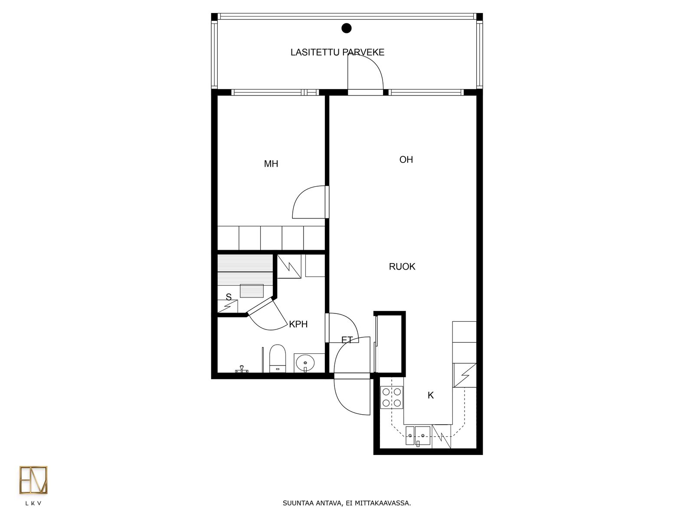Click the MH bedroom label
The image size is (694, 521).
click(x=271, y=164)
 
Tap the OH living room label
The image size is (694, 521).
click(x=406, y=160)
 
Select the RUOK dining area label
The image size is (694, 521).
click(x=402, y=267)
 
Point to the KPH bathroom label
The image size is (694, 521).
click(x=298, y=324)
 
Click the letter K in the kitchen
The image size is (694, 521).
click(x=431, y=395)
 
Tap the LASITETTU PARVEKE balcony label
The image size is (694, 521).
click(x=337, y=53)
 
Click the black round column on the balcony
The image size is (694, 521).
click(x=347, y=28)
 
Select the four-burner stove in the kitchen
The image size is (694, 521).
click(x=392, y=398)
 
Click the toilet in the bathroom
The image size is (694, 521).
click(x=278, y=359)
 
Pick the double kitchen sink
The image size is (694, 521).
click(x=418, y=435)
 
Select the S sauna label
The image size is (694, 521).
click(x=229, y=297)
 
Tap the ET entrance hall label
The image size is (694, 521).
click(x=347, y=340)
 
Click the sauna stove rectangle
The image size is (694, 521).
click(x=252, y=291)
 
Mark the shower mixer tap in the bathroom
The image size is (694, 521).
click(x=242, y=369)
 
